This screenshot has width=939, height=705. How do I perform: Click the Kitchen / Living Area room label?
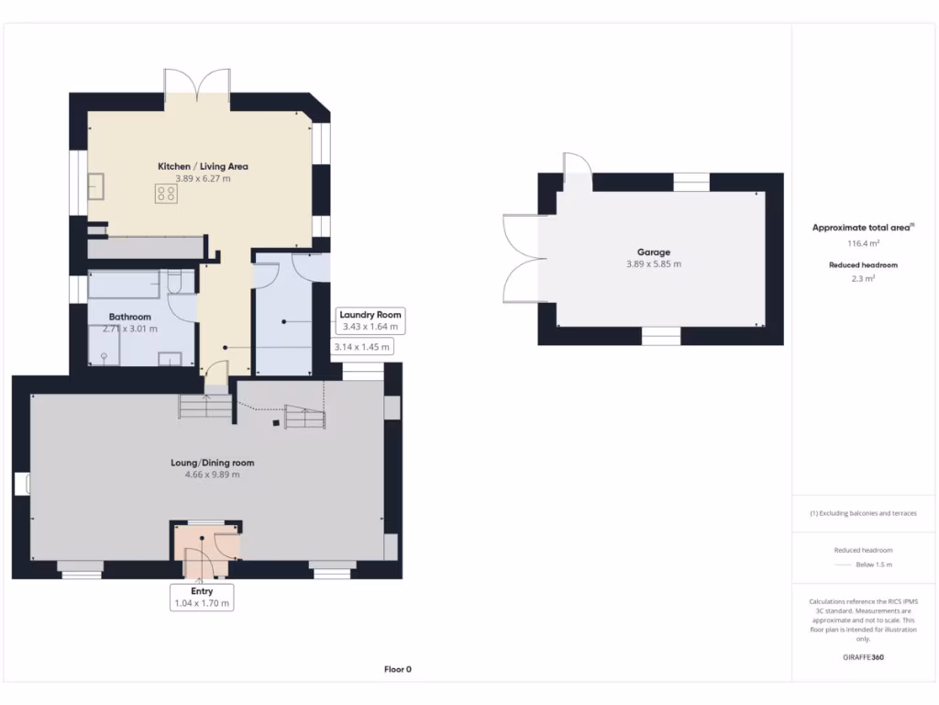click(203, 166)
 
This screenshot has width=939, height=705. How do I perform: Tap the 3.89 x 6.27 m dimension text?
click(203, 178)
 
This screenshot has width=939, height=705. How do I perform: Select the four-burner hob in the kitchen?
click(166, 194)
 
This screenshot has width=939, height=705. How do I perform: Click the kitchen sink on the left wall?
click(95, 186)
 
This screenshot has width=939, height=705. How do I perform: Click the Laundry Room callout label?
click(370, 315)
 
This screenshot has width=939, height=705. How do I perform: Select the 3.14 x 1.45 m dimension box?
click(362, 347)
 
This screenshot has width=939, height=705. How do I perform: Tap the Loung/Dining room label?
click(212, 463)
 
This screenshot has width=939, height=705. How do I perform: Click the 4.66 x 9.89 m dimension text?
click(212, 475)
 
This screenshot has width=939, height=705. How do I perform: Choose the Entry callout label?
click(202, 591)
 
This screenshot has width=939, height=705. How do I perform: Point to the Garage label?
click(654, 252)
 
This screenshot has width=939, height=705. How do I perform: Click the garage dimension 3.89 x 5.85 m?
click(654, 263)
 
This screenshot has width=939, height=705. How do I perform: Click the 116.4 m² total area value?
click(862, 243)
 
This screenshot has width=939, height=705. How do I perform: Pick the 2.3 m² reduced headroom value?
click(862, 277)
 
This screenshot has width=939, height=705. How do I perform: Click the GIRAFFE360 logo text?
click(862, 657)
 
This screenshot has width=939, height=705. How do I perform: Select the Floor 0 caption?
click(397, 669)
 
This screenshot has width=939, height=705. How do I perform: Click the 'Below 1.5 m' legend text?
click(874, 565)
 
